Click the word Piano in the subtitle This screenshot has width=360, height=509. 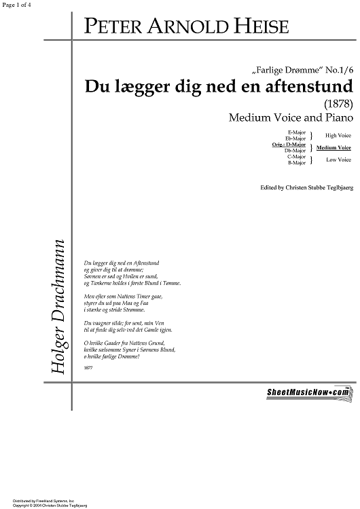point(334,118)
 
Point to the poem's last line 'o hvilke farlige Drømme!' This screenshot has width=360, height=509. point(111,356)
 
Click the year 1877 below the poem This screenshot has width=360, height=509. point(88,367)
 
